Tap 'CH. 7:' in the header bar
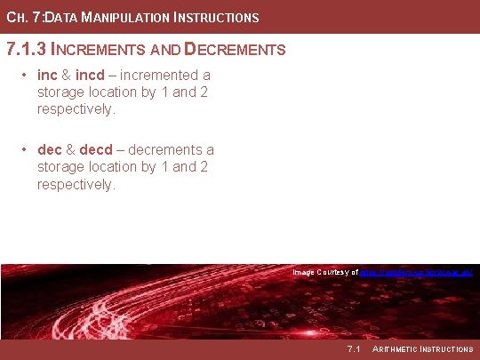tap(22, 18)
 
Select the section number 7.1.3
tap(27, 49)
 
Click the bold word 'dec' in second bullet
tap(50, 150)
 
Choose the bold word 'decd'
tap(96, 150)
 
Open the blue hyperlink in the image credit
tap(417, 272)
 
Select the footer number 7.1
tap(354, 348)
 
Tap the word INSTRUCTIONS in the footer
tap(446, 348)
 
